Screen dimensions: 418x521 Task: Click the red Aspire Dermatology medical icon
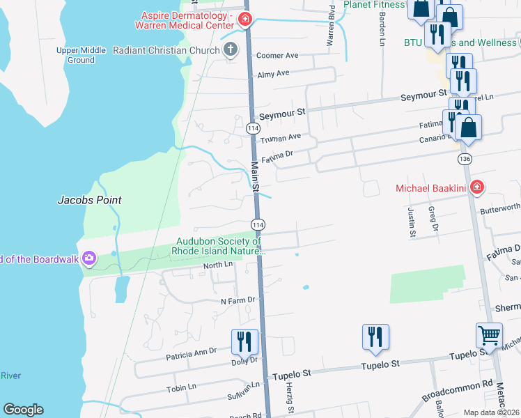[244, 19]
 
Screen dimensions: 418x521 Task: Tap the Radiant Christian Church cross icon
[230, 49]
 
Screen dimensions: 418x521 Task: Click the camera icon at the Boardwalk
[88, 259]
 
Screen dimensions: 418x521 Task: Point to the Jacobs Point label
[89, 200]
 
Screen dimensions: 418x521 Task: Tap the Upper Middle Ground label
[81, 55]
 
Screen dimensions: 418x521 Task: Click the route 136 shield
[465, 160]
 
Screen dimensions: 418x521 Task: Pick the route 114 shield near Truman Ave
[253, 129]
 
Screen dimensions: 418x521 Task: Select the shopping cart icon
[489, 335]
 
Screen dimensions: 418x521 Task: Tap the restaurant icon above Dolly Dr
[244, 341]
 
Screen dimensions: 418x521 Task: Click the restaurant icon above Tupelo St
[375, 336]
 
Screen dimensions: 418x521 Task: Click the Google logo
[23, 410]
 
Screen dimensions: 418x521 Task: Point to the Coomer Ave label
[277, 56]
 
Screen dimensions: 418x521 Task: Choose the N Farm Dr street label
[239, 300]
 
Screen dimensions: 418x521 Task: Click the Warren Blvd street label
[331, 28]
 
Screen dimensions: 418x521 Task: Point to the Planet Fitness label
[374, 4]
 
